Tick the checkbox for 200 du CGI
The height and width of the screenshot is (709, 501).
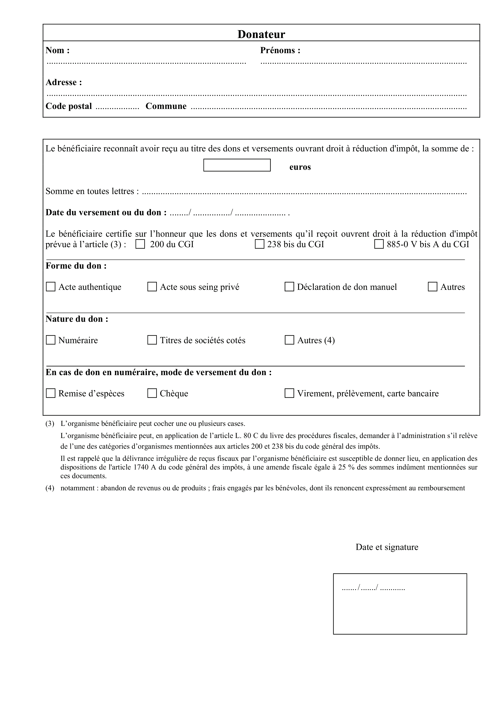pyautogui.click(x=140, y=244)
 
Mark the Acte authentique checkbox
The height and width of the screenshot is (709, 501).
pyautogui.click(x=51, y=287)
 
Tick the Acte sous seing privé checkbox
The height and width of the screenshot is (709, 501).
pyautogui.click(x=152, y=287)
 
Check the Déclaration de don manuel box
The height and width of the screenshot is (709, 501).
pyautogui.click(x=289, y=287)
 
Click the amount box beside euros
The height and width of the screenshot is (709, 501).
pyautogui.click(x=237, y=165)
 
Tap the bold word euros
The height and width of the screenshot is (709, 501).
pyautogui.click(x=300, y=167)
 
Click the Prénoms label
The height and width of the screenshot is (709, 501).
pyautogui.click(x=280, y=50)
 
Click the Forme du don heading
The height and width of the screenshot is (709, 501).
pyautogui.click(x=76, y=266)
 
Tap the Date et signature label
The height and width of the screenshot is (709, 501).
pyautogui.click(x=387, y=547)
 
